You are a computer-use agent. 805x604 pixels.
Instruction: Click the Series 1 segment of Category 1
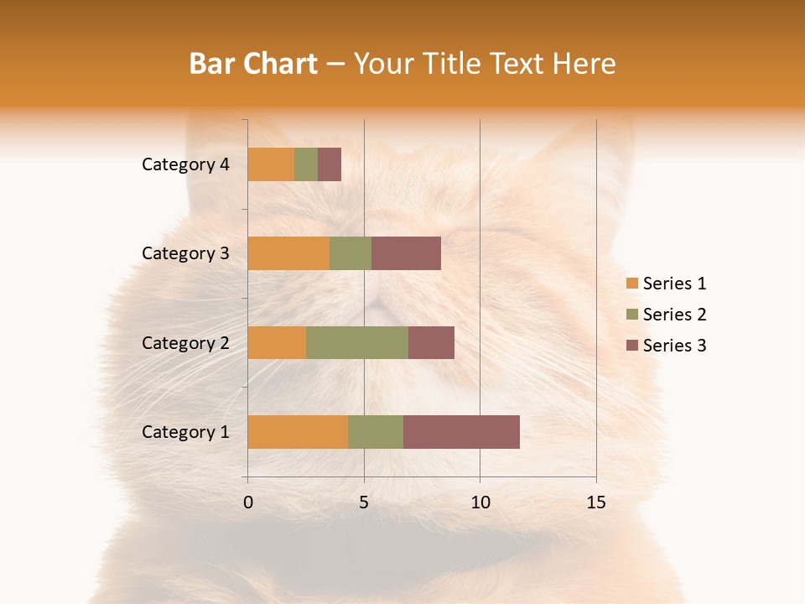point(298,431)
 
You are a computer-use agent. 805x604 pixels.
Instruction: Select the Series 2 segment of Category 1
point(376,431)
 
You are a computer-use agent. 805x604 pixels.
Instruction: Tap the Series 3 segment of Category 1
point(461,431)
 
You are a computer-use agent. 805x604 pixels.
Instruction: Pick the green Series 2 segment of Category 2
point(357,342)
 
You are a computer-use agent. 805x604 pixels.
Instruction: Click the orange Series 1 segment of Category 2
point(277,342)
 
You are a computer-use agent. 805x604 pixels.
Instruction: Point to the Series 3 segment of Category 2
point(431,342)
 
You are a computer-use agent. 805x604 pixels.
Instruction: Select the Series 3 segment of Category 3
point(406,253)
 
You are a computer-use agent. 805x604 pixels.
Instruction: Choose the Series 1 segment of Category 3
point(288,253)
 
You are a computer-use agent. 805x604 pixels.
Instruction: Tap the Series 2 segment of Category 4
point(306,164)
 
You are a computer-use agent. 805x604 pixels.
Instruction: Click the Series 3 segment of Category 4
point(330,164)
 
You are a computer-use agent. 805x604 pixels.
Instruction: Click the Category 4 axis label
point(185,164)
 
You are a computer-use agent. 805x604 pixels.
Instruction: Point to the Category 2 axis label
point(185,342)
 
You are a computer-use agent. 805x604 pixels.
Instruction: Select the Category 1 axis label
point(185,431)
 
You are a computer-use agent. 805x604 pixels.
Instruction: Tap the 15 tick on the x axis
point(596,502)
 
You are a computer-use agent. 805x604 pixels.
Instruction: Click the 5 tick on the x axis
point(364,502)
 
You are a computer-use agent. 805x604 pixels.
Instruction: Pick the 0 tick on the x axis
point(248,502)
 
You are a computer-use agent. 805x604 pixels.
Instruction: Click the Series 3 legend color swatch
point(631,346)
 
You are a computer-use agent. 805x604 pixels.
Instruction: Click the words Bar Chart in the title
point(253,63)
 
